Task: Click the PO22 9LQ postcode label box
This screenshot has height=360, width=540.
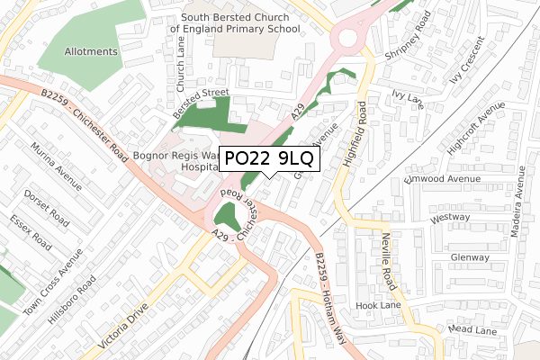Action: pyautogui.click(x=268, y=159)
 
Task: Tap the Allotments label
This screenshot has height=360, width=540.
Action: pyautogui.click(x=90, y=51)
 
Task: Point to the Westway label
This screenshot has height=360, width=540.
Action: pyautogui.click(x=452, y=218)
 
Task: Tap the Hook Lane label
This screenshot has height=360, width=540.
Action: pyautogui.click(x=377, y=306)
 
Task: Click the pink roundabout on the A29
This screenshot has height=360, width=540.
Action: pyautogui.click(x=350, y=37)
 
